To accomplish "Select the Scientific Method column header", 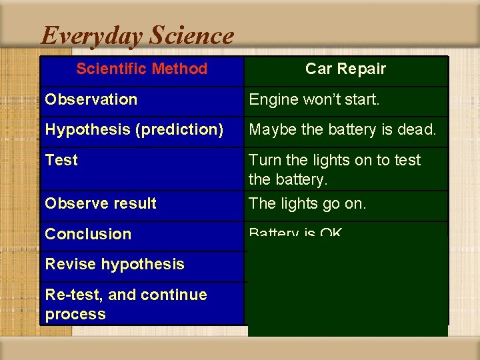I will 141,69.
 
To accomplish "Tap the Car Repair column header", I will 345,69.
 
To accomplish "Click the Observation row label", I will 91,99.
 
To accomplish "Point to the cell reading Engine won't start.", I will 314,100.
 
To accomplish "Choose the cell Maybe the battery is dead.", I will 342,129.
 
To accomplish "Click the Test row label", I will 61,160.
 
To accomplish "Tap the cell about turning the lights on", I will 335,169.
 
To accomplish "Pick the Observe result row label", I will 100,203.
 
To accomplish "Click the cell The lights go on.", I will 307,203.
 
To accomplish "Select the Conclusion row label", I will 88,234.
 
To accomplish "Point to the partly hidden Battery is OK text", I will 295,233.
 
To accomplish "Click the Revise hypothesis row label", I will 115,264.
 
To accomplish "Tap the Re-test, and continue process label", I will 125,304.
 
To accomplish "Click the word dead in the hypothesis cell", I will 418,129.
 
